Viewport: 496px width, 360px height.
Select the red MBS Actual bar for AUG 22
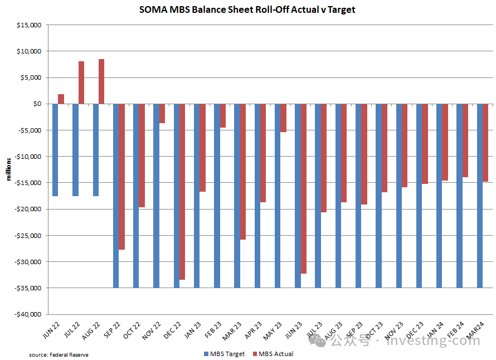tap(101, 81)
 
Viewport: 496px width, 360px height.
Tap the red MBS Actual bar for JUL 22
tap(81, 82)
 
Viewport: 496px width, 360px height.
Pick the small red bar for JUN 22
tap(61, 99)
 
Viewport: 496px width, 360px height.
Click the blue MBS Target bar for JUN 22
tap(55, 150)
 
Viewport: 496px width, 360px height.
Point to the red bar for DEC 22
tap(182, 192)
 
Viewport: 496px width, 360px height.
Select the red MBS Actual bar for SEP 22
tap(122, 177)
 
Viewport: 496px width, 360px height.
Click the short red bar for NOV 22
tap(162, 114)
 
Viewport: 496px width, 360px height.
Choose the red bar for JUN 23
tap(304, 188)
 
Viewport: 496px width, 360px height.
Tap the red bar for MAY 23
tap(284, 118)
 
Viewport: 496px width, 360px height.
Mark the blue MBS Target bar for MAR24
tap(480, 196)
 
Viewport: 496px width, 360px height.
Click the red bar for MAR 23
tap(243, 172)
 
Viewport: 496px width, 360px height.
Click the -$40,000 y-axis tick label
tap(28, 314)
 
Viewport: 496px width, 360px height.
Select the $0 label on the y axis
tap(37, 104)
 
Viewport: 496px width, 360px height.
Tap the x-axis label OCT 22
tap(132, 330)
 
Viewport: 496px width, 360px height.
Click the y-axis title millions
tap(8, 169)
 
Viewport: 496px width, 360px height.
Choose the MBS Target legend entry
tap(224, 354)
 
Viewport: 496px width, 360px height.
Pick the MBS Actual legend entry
tap(273, 354)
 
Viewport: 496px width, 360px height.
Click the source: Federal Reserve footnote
tap(59, 355)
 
